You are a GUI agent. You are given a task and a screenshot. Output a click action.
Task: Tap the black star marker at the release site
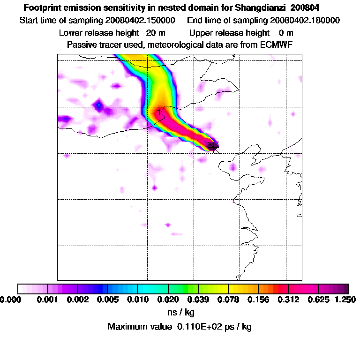[x=213, y=146]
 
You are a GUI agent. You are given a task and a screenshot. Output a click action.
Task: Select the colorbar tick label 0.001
[x=48, y=299]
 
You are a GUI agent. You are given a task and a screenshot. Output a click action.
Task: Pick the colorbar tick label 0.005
[x=108, y=299]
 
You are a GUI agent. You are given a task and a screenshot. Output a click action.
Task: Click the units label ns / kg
[x=180, y=312]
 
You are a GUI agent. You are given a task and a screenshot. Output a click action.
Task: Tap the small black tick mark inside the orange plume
[x=160, y=112]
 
